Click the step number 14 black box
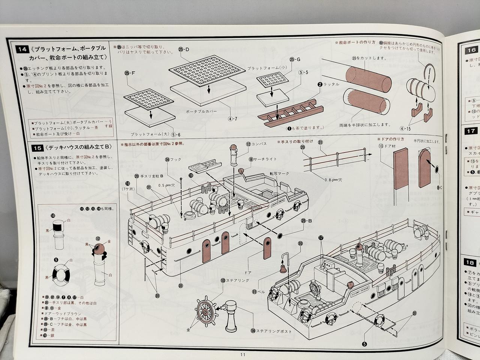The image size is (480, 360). pos(23,49)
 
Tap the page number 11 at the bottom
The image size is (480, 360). pos(243,355)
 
